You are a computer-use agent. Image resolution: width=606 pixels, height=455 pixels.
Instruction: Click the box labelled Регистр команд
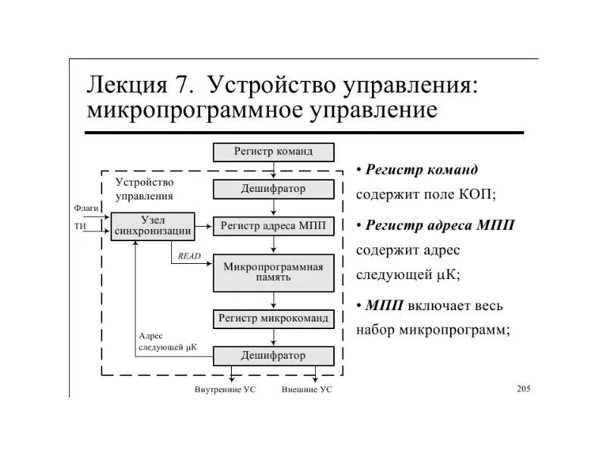click(273, 152)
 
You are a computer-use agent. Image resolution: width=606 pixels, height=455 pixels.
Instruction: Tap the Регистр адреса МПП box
click(273, 226)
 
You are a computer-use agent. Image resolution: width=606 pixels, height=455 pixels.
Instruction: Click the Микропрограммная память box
click(273, 272)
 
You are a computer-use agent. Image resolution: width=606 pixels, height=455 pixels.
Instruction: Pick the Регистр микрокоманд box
click(273, 318)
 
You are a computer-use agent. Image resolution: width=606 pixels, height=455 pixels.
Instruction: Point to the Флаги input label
click(86, 207)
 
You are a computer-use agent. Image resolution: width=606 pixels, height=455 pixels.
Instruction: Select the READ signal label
click(189, 256)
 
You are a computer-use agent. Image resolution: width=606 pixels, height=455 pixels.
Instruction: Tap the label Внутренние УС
click(225, 390)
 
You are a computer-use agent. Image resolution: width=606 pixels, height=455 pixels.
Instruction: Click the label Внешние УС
click(307, 390)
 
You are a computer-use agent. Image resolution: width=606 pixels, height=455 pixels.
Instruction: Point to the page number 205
click(523, 389)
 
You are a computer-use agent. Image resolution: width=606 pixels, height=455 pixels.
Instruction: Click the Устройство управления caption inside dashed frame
click(145, 189)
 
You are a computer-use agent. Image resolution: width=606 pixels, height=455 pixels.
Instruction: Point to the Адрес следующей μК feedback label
click(167, 341)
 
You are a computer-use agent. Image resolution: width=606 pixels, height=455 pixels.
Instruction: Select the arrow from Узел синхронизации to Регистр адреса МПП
click(204, 225)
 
